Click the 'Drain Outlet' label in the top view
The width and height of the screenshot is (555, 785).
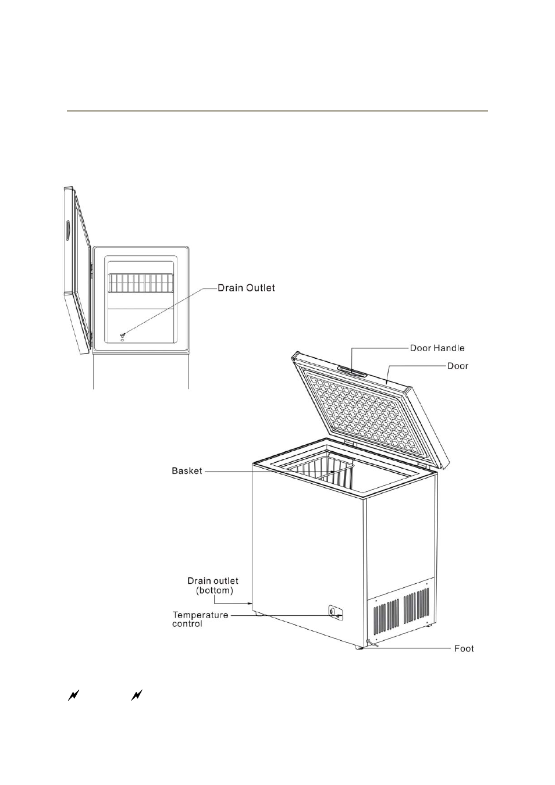(x=246, y=288)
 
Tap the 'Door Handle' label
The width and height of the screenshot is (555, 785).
(x=437, y=348)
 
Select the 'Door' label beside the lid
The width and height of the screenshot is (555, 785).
(x=457, y=366)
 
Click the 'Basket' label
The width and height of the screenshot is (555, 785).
(x=187, y=470)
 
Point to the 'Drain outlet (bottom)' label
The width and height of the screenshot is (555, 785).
(x=213, y=586)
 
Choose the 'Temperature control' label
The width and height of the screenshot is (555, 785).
(x=200, y=619)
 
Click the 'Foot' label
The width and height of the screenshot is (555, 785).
(x=464, y=648)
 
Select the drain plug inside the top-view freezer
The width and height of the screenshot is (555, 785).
(x=122, y=336)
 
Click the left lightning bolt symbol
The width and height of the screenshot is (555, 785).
(x=73, y=695)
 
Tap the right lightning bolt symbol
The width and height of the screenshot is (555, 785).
(x=137, y=695)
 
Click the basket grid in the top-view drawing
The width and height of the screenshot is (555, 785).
(x=141, y=283)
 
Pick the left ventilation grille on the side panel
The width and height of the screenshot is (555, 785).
(x=386, y=618)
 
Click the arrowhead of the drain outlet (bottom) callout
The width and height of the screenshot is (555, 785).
(x=250, y=604)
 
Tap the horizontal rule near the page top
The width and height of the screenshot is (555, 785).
(x=277, y=110)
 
